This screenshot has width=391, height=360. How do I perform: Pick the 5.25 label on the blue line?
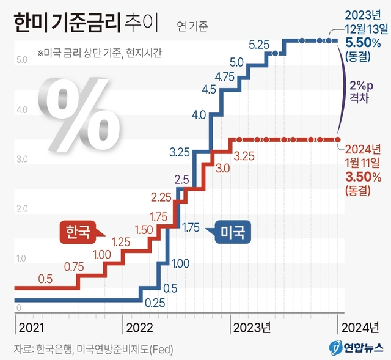[x=260, y=44]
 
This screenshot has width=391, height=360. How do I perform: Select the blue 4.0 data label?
[x=198, y=114]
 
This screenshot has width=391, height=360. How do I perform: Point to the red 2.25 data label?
[x=162, y=197]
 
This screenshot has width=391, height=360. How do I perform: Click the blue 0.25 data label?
[x=155, y=301]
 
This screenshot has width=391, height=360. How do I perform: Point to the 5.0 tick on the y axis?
[x=20, y=60]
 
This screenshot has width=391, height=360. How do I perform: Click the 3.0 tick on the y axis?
[x=20, y=160]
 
